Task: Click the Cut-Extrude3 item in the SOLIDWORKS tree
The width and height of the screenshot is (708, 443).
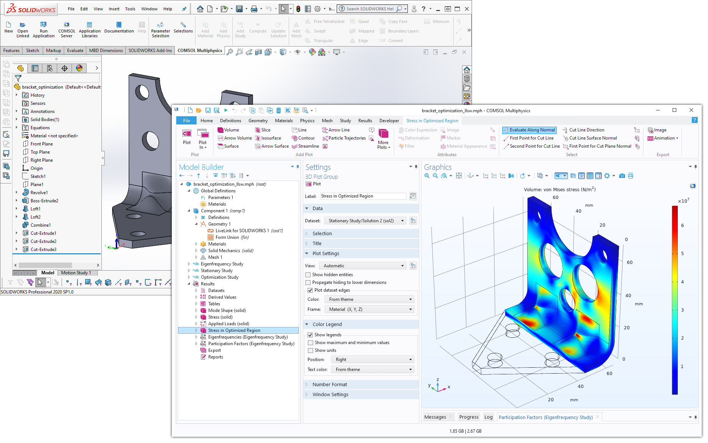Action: [x=43, y=250]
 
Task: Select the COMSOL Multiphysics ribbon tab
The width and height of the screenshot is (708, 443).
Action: [x=199, y=51]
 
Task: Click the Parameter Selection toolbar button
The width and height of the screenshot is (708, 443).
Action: [x=160, y=29]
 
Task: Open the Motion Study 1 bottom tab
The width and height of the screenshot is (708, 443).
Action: [x=76, y=273]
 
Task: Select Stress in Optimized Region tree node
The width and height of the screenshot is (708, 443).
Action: [x=234, y=330]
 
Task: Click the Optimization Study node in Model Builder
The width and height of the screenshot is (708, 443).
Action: [x=219, y=277]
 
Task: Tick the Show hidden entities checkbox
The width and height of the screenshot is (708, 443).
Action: [x=308, y=275]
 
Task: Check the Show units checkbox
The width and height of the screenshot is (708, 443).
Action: [x=310, y=350]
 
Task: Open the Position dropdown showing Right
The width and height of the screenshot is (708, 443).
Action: [x=372, y=360]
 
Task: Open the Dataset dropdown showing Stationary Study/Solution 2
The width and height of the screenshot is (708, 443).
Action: [x=365, y=221]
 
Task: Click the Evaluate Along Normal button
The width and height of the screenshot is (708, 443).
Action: [x=529, y=130]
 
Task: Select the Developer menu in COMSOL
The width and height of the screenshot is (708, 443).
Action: [x=389, y=121]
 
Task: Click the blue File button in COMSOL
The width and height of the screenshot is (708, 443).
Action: [x=187, y=121]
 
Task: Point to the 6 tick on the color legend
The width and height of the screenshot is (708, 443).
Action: [x=682, y=225]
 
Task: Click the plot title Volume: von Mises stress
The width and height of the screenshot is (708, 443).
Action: [x=559, y=190]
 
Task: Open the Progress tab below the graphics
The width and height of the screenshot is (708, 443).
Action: [x=469, y=417]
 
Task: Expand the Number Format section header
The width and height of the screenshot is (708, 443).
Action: [x=330, y=385]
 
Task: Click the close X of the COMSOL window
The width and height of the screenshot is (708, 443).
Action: [x=691, y=110]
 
